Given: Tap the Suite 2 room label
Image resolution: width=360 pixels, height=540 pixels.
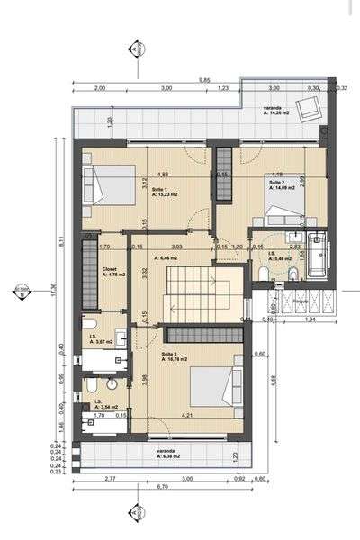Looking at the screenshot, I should coord(276,181).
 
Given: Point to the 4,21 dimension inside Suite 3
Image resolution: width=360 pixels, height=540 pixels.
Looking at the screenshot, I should coord(187,417).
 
